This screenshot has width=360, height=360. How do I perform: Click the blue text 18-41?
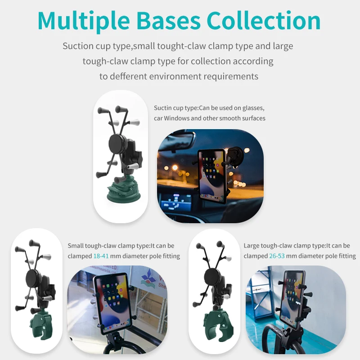pyautogui.click(x=101, y=256)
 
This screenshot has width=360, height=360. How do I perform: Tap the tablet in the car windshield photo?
pyautogui.click(x=211, y=175)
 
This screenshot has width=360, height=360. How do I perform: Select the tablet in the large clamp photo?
pyautogui.click(x=292, y=299)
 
